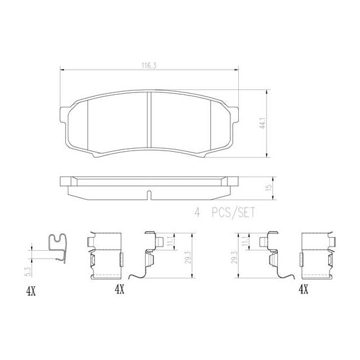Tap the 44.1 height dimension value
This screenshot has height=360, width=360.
(262, 125)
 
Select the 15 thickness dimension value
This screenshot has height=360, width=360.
(269, 187)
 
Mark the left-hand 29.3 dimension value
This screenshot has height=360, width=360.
(188, 255)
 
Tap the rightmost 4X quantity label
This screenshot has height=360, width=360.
(304, 289)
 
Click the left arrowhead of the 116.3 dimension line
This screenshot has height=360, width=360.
(62, 70)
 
